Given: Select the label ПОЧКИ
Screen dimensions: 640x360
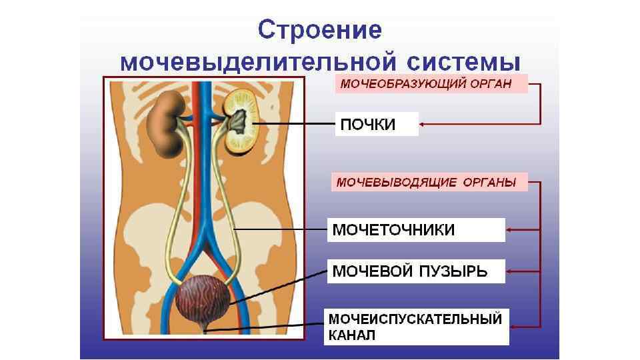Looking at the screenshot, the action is point(368,125).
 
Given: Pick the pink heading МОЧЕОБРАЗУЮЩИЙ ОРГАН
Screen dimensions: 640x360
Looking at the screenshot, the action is point(427,83).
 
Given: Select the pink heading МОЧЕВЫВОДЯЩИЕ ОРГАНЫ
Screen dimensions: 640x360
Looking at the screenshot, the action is point(427,181).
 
